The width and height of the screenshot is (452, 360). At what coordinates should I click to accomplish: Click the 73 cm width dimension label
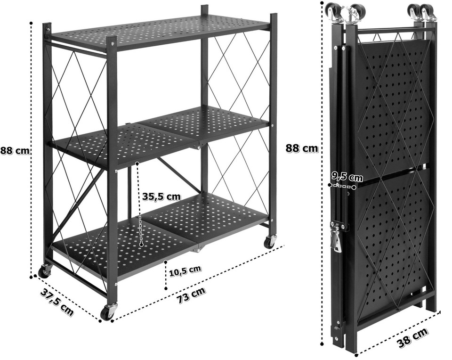(x=192, y=295)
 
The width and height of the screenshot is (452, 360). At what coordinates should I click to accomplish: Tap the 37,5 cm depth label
(x=57, y=302)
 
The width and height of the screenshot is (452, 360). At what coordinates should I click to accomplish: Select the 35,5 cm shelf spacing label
(x=161, y=196)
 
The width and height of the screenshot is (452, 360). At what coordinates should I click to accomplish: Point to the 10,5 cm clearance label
(x=185, y=270)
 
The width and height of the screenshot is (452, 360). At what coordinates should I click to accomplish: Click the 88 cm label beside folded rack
(x=302, y=148)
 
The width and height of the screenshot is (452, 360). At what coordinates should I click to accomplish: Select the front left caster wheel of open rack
(x=45, y=271)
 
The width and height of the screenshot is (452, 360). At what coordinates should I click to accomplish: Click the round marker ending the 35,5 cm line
(x=141, y=245)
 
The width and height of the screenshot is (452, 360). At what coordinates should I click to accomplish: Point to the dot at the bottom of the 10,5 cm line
(x=166, y=288)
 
